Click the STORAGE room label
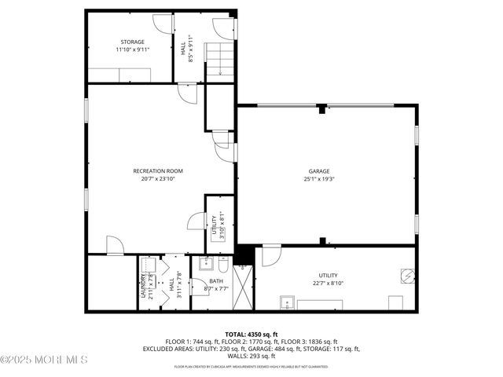132,41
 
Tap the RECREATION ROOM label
158,170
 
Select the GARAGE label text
318,170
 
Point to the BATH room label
215,280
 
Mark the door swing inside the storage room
160,26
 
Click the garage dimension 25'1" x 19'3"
318,178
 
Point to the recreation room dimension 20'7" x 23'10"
158,178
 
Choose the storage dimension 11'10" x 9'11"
132,49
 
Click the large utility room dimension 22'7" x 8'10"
328,283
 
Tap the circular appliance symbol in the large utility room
406,276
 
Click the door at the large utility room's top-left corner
270,256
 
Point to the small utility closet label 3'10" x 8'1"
223,226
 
